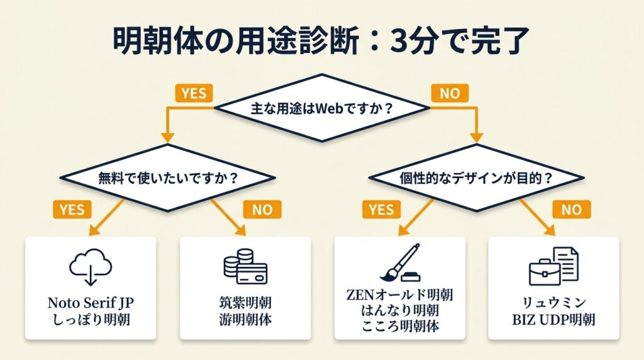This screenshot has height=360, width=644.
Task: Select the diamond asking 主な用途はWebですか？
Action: coord(322,108)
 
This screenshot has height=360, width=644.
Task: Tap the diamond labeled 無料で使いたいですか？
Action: coord(167,177)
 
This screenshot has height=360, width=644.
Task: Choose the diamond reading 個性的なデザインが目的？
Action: coord(477,177)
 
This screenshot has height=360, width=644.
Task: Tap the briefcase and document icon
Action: coord(553,265)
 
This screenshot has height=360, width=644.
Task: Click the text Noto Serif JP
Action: coord(91,303)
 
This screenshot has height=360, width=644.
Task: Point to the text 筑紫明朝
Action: coord(245,303)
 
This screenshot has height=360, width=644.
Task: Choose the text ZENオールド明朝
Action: coord(400,295)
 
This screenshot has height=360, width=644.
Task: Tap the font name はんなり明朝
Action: coord(400,311)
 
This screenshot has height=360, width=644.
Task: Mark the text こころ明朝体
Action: coord(400,327)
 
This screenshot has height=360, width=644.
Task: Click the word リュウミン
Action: coord(554,303)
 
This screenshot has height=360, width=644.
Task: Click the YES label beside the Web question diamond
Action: coord(193,93)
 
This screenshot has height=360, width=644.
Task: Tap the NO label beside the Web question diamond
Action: coord(450,93)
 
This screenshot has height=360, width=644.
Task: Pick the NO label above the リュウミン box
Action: coord(571,209)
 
